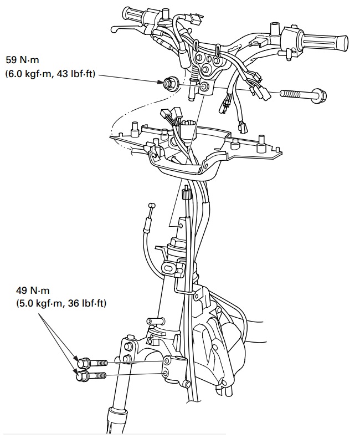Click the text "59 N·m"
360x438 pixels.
coord(22,60)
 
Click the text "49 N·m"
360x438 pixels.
coord(33,291)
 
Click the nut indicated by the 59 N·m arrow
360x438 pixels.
coord(169,84)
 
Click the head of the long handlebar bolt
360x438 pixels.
coord(320,96)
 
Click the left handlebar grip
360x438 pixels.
coord(133,14)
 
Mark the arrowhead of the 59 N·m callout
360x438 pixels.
coord(161,82)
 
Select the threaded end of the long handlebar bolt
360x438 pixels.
coord(289,94)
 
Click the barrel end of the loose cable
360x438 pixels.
coord(152,205)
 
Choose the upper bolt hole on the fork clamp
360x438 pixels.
coord(168,361)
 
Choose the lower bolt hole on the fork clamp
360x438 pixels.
coord(166,374)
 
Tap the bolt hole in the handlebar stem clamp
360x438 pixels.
coord(205,86)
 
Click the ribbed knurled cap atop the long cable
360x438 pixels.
coord(186,193)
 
